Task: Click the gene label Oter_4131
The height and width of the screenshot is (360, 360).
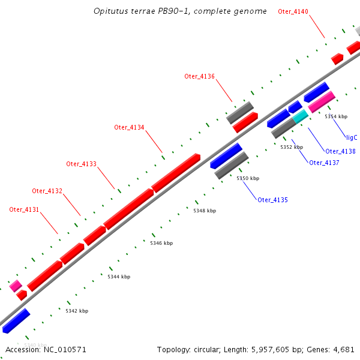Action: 24,209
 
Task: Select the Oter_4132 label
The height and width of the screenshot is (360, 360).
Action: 47,191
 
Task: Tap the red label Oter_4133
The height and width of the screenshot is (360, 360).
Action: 81,164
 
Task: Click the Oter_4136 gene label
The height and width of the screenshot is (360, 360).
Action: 199,76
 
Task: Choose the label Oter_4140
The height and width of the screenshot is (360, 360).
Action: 293,11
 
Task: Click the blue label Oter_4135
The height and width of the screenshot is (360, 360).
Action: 272,200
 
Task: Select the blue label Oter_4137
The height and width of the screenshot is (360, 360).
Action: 324,163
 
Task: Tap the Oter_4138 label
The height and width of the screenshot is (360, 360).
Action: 340,152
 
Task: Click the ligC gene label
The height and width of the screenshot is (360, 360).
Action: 352,137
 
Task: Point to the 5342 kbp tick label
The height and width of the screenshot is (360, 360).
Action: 77,311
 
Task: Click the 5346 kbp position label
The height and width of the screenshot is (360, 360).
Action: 161,243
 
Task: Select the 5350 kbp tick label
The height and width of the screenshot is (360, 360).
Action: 248,178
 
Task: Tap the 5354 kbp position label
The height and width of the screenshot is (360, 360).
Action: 336,116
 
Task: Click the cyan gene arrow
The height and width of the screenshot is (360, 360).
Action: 300,117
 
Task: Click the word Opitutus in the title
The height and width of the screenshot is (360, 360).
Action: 110,11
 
